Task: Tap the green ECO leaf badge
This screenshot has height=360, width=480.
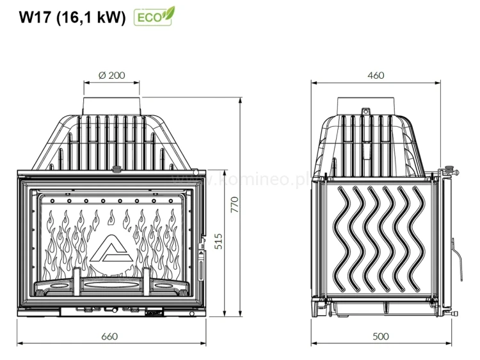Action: tap(154, 16)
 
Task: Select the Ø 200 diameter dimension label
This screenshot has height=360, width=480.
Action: tap(111, 76)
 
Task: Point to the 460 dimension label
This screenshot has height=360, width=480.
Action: tap(376, 76)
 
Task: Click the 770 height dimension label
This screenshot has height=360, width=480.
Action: tap(234, 205)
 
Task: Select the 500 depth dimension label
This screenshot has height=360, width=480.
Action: tap(380, 336)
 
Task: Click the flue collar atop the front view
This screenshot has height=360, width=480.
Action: tap(111, 104)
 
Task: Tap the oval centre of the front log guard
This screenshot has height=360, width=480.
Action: tap(111, 282)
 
